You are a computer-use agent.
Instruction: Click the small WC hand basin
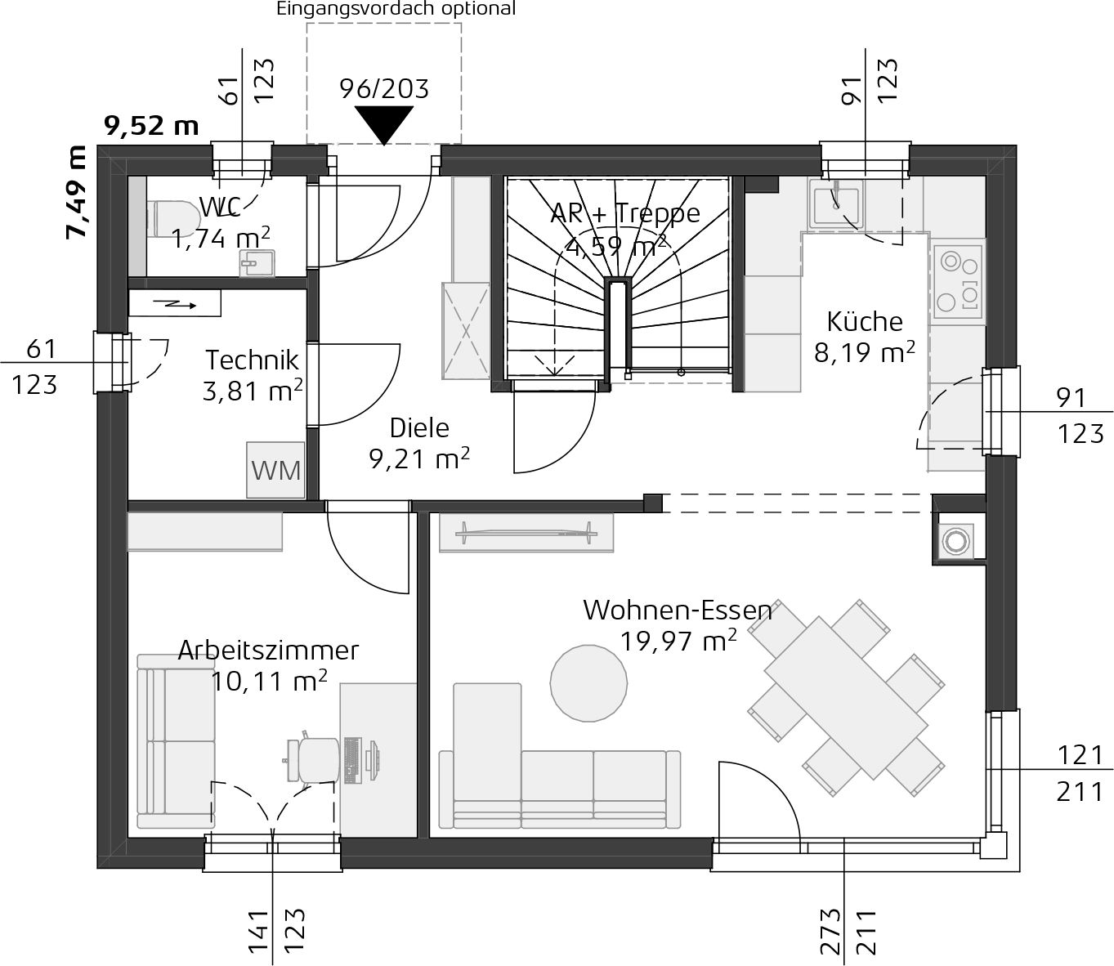[x=257, y=263]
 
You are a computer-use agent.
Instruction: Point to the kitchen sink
[x=836, y=203]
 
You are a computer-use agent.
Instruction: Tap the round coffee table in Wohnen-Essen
[x=588, y=683]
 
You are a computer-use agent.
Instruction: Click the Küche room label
[x=865, y=322]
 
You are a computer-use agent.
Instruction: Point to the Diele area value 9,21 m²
[x=419, y=458]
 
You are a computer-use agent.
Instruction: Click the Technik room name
[x=252, y=360]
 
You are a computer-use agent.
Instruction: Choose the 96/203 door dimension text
[x=383, y=89]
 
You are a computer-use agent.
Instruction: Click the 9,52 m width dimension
[x=151, y=126]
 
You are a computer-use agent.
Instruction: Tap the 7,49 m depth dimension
[x=76, y=192]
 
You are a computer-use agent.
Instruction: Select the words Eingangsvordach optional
[x=396, y=9]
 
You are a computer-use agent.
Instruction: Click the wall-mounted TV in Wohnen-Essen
[x=526, y=533]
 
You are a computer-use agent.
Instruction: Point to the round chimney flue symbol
[x=955, y=540]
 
